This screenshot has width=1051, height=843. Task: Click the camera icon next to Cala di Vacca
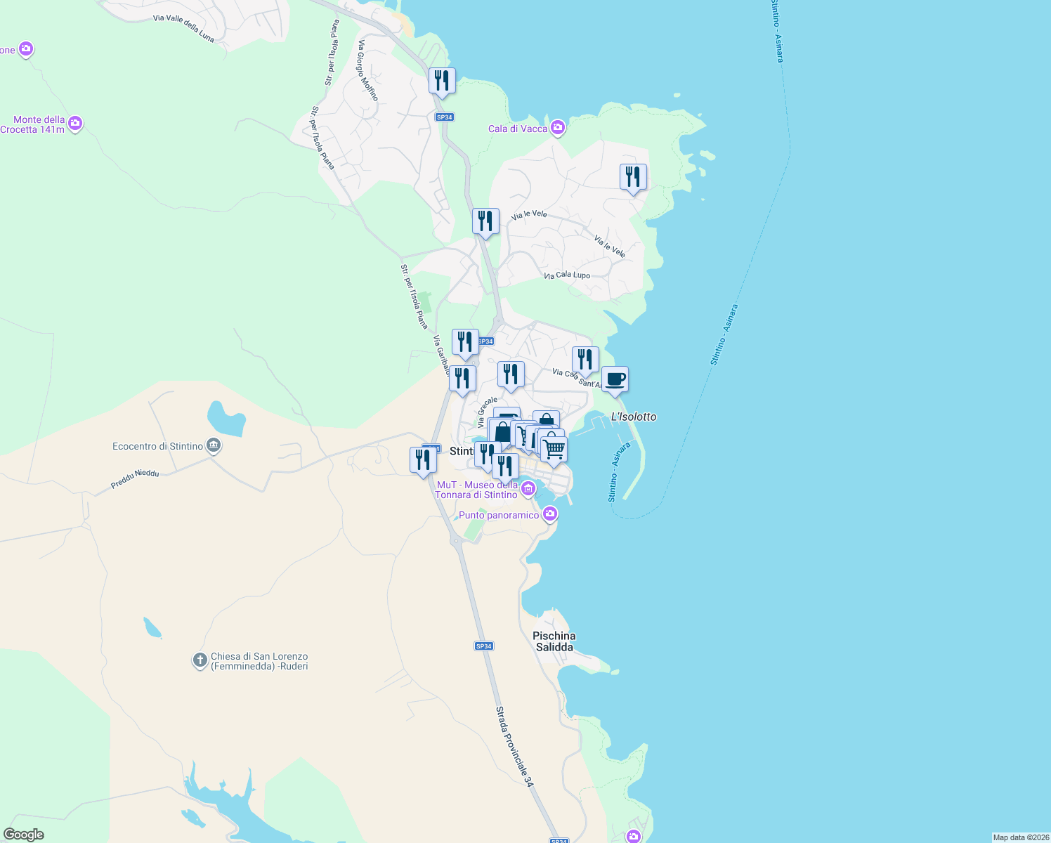558,127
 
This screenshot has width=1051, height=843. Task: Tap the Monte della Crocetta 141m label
33,124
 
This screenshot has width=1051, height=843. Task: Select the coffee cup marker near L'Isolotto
615,380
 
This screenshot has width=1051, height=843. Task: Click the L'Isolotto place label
634,417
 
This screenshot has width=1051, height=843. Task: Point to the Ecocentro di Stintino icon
214,445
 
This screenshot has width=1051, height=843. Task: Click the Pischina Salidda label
554,641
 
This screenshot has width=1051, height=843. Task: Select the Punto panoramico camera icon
550,514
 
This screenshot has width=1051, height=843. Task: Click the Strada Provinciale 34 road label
514,746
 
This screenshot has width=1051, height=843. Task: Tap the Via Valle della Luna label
183,28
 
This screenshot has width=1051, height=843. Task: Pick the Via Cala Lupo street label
567,275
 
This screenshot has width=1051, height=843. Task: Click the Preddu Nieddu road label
135,479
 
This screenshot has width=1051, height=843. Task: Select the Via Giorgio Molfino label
367,70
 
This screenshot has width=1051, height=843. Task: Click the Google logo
24,835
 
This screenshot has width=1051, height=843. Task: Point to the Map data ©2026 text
1021,837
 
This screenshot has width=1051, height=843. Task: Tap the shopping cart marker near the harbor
554,449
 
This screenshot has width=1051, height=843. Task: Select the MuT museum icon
528,488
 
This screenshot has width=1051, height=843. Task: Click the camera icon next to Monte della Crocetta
76,124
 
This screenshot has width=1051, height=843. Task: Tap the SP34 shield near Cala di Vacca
444,117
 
